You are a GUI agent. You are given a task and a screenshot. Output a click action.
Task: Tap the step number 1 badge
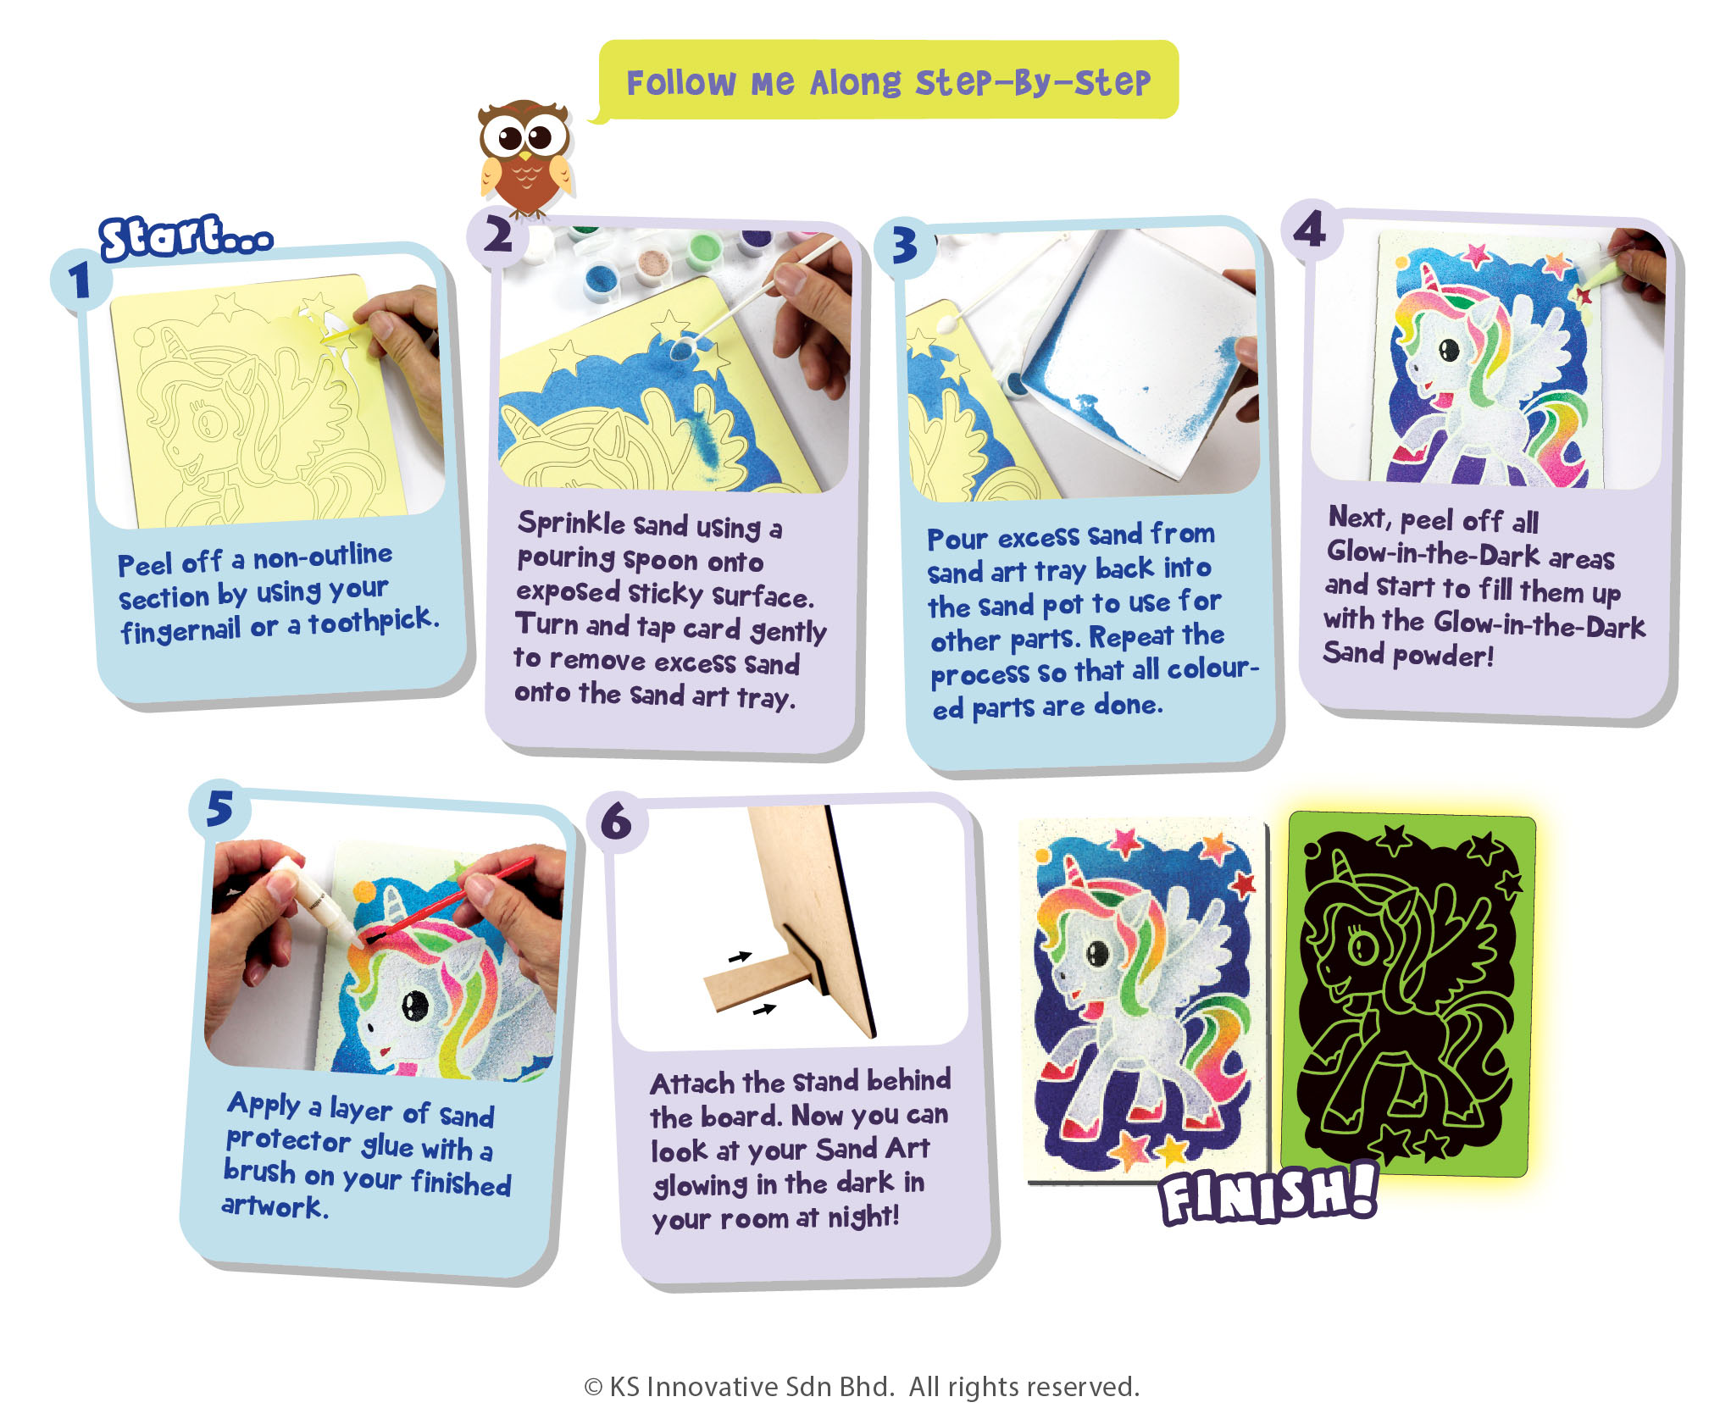click(80, 280)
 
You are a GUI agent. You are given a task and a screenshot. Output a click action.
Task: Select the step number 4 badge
click(1311, 229)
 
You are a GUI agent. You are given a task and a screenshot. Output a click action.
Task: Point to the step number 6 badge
click(617, 822)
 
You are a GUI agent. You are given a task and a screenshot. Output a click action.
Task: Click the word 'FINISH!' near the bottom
click(1268, 1195)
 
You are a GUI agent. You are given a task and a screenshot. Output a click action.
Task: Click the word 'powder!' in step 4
click(1444, 656)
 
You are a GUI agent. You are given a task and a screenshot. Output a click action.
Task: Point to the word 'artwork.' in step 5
click(275, 1206)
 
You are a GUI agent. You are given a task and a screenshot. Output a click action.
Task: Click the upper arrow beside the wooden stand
click(740, 957)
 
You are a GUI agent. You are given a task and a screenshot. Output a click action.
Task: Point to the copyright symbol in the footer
click(593, 1388)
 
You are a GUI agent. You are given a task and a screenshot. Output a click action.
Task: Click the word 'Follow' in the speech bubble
click(680, 83)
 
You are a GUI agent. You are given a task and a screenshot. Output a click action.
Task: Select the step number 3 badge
click(905, 246)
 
